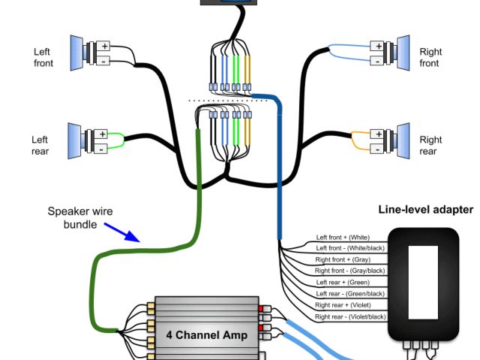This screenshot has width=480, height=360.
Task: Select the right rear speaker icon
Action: point(399,139)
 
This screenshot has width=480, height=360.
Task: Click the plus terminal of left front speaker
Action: point(105,46)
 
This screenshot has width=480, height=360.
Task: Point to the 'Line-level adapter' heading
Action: point(426,209)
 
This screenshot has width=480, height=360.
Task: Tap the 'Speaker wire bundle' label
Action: point(80,217)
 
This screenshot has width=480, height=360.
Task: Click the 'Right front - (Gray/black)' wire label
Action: point(350,271)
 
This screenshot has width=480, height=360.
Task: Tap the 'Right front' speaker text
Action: point(430,58)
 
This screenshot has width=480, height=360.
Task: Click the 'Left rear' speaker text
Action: point(40,145)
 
